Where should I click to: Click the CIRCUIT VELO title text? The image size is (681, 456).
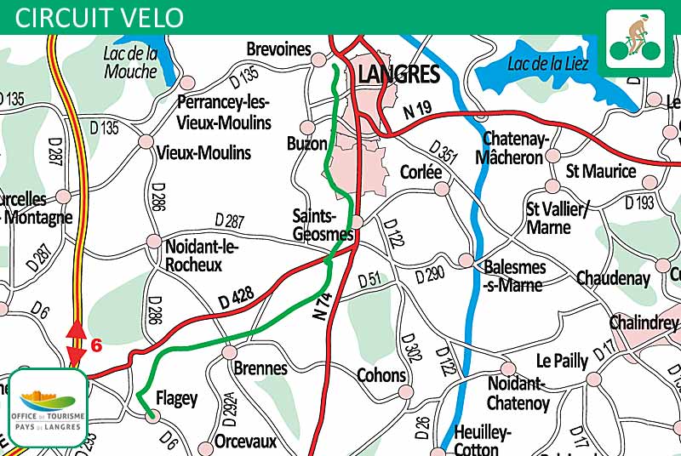click(x=100, y=16)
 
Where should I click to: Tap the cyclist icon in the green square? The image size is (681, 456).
click(x=635, y=41)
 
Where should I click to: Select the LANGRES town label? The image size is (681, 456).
click(x=398, y=75)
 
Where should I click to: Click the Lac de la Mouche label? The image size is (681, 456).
click(x=130, y=62)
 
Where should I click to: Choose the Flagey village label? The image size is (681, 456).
click(x=177, y=398)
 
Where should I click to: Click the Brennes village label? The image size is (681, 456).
click(x=260, y=369)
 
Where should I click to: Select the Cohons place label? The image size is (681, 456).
click(x=381, y=375)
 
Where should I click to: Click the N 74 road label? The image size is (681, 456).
click(x=321, y=304)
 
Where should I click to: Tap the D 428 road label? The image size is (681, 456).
click(x=236, y=298)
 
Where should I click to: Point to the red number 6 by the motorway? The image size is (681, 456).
click(x=96, y=345)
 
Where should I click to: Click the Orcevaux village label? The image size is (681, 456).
click(x=245, y=442)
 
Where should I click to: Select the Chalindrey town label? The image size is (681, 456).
click(x=644, y=322)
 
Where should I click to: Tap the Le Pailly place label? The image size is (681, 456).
click(x=562, y=361)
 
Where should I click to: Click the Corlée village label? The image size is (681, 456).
click(x=421, y=172)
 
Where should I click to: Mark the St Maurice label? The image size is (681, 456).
click(x=601, y=171)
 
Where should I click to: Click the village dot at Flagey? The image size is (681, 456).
click(x=152, y=415)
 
